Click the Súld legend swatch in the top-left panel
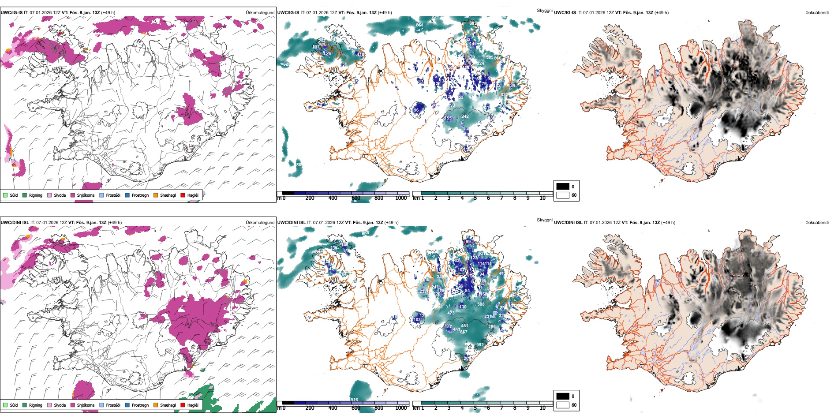click(5, 195)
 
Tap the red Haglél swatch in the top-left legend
click(183, 195)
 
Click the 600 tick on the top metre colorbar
click(356, 198)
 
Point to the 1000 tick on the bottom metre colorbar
click(401, 408)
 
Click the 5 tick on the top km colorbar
click(475, 198)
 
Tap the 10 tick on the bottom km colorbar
click(542, 408)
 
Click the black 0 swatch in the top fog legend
click(563, 186)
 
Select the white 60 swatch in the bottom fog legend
click(563, 405)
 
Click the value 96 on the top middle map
click(416, 110)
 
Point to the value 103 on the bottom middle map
click(417, 320)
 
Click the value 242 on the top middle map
click(465, 116)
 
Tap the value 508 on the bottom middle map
click(481, 304)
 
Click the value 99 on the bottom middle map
click(468, 242)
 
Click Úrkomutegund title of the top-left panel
click(260, 13)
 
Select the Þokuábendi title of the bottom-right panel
click(817, 223)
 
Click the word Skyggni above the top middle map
click(544, 11)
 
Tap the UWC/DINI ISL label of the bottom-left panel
click(15, 223)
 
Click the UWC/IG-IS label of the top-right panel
click(565, 13)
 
